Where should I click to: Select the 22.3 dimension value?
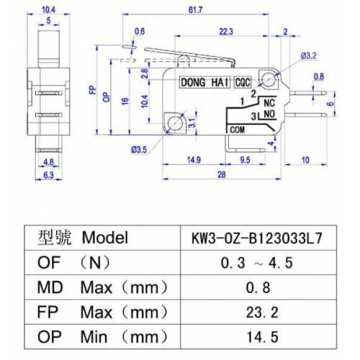pyautogui.click(x=225, y=30)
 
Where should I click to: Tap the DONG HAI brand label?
pyautogui.click(x=204, y=83)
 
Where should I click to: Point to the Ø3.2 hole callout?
pyautogui.click(x=309, y=55)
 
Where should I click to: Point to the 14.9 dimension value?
pyautogui.click(x=193, y=158)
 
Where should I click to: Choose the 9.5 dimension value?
pyautogui.click(x=245, y=158)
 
